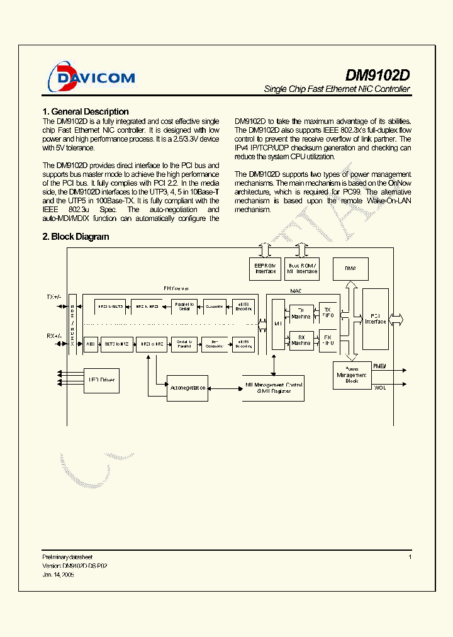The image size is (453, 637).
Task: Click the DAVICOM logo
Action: click(x=92, y=77)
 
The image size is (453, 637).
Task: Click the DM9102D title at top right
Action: click(x=377, y=74)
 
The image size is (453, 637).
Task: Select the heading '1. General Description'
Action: click(x=86, y=111)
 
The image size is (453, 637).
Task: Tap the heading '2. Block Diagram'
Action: click(x=75, y=237)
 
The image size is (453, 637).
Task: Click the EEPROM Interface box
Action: click(x=266, y=269)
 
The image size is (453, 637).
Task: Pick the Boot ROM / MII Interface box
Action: click(x=302, y=269)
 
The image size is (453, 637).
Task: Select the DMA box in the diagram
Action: click(x=350, y=268)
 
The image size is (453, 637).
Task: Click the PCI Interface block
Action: click(x=376, y=318)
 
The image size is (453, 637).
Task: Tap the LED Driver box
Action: click(x=101, y=380)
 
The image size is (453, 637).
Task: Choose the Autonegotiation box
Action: click(x=187, y=388)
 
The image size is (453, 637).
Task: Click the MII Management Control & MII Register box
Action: click(x=273, y=388)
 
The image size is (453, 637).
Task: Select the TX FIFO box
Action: click(x=328, y=312)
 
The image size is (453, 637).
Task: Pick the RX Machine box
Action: click(x=301, y=340)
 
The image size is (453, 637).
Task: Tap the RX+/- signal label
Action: click(x=54, y=336)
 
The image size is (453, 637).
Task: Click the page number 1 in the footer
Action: click(x=410, y=557)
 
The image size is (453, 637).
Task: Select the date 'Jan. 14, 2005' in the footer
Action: click(x=59, y=575)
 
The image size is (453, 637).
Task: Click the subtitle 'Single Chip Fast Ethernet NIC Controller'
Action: click(x=337, y=89)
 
